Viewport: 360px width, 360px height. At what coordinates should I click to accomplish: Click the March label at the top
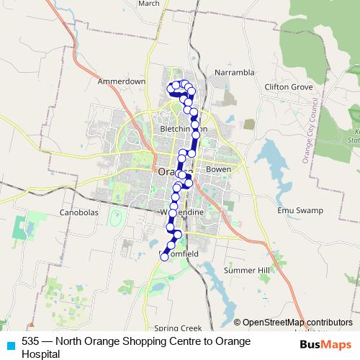point(148,4)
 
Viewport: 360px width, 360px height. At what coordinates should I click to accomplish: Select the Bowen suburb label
point(218,169)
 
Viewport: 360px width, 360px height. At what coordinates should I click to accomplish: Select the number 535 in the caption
point(31,341)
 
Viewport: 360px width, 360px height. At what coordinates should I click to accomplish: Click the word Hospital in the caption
point(40,354)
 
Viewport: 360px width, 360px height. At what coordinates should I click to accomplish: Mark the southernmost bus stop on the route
point(164,256)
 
